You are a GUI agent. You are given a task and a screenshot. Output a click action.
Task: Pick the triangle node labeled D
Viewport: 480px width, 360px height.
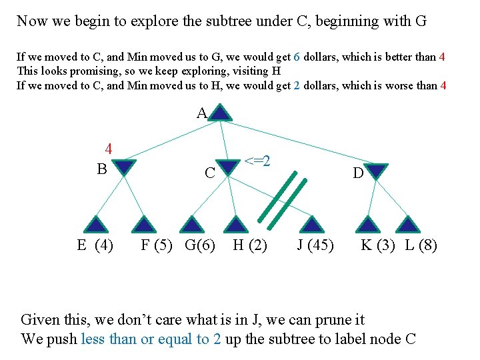(x=377, y=171)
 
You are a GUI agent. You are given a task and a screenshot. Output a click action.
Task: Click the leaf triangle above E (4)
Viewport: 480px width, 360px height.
(x=97, y=224)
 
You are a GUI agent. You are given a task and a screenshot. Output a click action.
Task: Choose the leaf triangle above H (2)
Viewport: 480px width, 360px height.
(x=235, y=224)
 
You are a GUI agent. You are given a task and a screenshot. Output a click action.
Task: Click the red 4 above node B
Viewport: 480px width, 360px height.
(x=108, y=149)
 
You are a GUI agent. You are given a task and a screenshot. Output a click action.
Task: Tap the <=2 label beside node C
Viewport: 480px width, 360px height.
(x=257, y=161)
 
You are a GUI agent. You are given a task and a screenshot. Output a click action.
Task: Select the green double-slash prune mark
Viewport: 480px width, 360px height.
(x=285, y=197)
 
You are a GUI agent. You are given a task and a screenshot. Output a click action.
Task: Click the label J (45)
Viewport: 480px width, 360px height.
(x=315, y=245)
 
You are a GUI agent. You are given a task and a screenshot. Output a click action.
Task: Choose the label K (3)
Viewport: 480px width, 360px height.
(x=378, y=245)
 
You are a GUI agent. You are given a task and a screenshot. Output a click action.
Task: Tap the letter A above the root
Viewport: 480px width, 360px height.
(x=201, y=114)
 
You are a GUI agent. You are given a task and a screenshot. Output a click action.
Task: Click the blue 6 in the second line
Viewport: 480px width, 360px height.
(x=296, y=57)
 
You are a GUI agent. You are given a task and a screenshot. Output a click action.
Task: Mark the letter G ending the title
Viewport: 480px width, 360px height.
(x=421, y=21)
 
